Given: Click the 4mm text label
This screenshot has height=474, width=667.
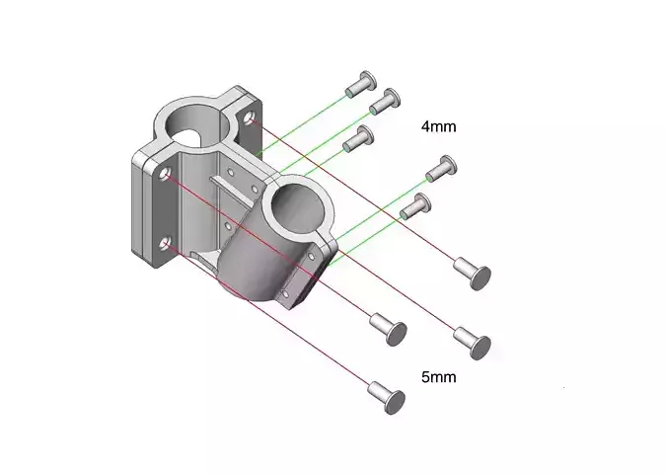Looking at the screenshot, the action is pyautogui.click(x=438, y=126).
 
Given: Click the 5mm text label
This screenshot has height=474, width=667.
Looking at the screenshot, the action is pyautogui.click(x=438, y=377).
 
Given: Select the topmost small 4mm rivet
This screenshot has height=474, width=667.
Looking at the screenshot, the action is pyautogui.click(x=361, y=84).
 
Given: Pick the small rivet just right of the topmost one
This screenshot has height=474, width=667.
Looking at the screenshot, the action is pyautogui.click(x=385, y=102).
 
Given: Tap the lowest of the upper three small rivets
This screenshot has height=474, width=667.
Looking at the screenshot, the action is pyautogui.click(x=358, y=138).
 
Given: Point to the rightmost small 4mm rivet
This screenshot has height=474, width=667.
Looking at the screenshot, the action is pyautogui.click(x=441, y=168).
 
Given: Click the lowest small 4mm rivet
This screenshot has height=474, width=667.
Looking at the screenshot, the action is pyautogui.click(x=415, y=205).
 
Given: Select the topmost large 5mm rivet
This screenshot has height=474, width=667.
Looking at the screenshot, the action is pyautogui.click(x=473, y=273).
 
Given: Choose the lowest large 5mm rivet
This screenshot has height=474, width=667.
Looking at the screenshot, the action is pyautogui.click(x=386, y=397).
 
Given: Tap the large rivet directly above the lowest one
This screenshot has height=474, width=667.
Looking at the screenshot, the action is pyautogui.click(x=389, y=329).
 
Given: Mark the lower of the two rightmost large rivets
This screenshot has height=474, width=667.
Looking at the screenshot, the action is pyautogui.click(x=473, y=343).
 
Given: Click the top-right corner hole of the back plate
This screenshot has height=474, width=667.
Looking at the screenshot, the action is pyautogui.click(x=249, y=118).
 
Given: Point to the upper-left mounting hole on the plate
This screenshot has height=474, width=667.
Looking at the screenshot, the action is pyautogui.click(x=165, y=174).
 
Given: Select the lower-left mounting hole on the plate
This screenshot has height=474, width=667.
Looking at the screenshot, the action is pyautogui.click(x=165, y=244).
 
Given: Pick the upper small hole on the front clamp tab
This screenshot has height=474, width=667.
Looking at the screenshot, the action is pyautogui.click(x=311, y=257).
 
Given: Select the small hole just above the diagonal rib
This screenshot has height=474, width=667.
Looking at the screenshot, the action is pyautogui.click(x=231, y=172).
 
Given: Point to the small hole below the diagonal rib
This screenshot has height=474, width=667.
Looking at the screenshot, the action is pyautogui.click(x=227, y=224).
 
